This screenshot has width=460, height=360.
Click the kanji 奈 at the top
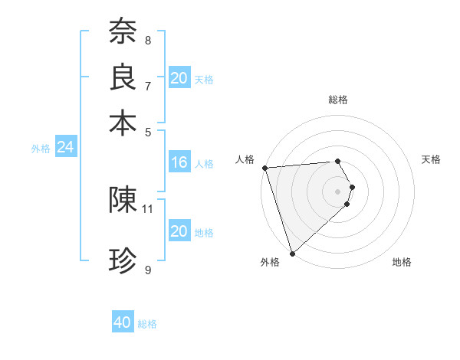coord(123,31)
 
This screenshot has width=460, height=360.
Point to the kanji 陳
coord(123,200)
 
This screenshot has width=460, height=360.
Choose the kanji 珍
coord(123,261)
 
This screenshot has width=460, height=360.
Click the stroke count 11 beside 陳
coord(148,208)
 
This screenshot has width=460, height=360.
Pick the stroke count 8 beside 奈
coord(148,40)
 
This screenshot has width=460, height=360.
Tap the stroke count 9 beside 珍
coord(148,270)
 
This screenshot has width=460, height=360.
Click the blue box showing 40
coord(123,322)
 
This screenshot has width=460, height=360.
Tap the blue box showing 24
coord(65,147)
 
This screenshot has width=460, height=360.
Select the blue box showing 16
coord(179,162)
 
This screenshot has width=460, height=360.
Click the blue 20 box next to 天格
coord(179,78)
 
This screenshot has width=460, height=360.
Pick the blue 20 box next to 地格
coord(179,231)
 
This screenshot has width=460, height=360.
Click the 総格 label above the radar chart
coord(338,100)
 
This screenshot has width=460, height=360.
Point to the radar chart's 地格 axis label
coord(402,262)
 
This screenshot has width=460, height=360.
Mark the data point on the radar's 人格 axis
coord(264,168)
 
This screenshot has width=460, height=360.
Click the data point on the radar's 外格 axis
coord(292,253)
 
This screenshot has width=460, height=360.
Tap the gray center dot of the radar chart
coord(338,191)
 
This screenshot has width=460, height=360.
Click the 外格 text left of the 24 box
coord(41,149)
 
